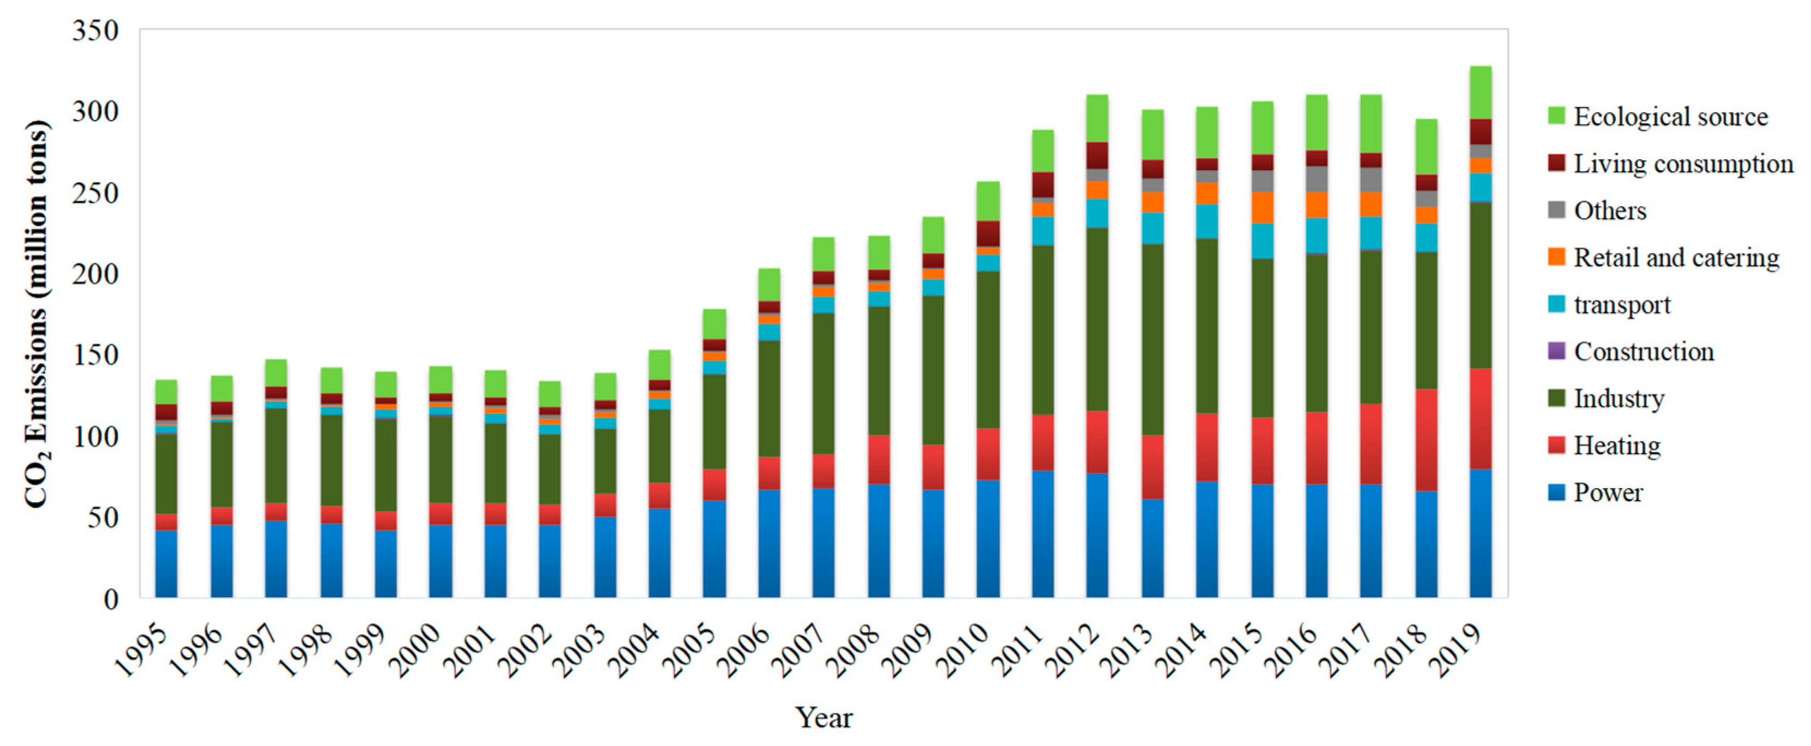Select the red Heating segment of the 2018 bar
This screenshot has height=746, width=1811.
tap(1426, 440)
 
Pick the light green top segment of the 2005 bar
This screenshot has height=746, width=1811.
tap(714, 324)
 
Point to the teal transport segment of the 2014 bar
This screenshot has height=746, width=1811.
tap(1207, 221)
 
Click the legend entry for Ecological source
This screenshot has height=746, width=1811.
tap(1670, 117)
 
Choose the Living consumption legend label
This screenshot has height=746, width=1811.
tap(1682, 164)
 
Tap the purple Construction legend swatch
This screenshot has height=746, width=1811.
tap(1556, 351)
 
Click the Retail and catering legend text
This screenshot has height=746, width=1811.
tap(1676, 257)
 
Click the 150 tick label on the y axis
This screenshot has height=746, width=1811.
tap(95, 356)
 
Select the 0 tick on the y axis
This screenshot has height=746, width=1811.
tap(111, 600)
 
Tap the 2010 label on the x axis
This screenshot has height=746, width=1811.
tap(967, 651)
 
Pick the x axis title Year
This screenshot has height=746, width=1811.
tap(823, 718)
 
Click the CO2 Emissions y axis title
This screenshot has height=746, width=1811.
tap(37, 314)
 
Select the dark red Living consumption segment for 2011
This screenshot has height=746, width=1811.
tap(1042, 185)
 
